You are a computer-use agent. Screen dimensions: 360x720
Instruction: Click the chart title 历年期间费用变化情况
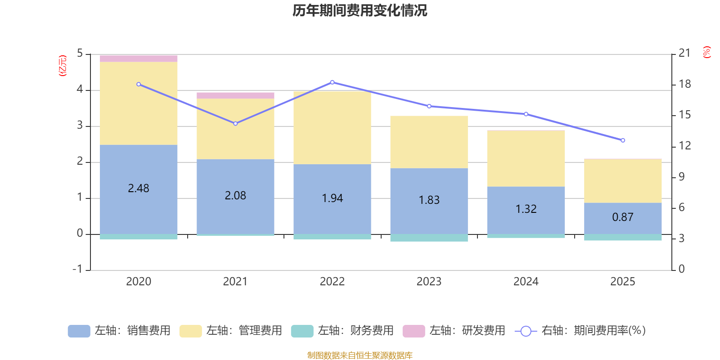click(360, 10)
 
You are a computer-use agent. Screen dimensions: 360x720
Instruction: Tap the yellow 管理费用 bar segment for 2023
click(429, 142)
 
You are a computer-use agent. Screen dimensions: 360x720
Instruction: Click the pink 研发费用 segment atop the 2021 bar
click(235, 95)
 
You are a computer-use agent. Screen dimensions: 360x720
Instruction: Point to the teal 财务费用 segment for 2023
click(429, 238)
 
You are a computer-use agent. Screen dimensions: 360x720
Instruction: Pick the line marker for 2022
click(332, 82)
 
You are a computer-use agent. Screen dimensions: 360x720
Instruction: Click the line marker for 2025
click(623, 140)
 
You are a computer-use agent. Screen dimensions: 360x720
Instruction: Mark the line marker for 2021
click(235, 123)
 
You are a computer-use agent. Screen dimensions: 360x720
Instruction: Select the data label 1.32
click(526, 209)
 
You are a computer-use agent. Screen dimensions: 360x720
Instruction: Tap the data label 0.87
click(623, 217)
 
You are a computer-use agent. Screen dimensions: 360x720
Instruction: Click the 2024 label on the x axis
click(526, 282)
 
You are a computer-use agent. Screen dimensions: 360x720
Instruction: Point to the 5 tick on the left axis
click(80, 54)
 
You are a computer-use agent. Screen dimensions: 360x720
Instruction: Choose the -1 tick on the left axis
click(78, 269)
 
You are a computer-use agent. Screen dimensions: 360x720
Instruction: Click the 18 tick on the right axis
click(685, 84)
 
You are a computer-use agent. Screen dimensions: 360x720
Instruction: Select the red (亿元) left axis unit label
click(63, 66)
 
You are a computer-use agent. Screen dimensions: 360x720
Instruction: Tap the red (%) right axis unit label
click(707, 52)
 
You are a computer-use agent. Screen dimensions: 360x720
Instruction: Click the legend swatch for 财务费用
click(302, 331)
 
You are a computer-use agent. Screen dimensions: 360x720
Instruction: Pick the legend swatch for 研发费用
click(414, 331)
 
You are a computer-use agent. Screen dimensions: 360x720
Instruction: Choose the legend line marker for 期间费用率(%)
click(526, 331)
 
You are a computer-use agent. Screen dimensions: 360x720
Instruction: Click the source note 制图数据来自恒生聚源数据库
click(360, 355)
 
